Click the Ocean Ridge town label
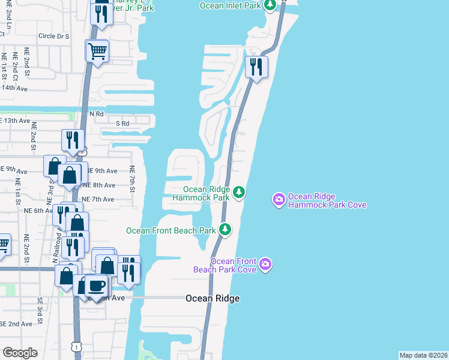pos(212,299)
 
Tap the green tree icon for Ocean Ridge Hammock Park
pos(240,192)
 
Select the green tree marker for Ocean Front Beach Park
pos(225,229)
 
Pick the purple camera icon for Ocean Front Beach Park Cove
pos(266,265)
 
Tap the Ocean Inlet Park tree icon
pos(271,5)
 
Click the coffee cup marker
pos(96,286)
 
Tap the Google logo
pos(20,352)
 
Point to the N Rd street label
pos(97,113)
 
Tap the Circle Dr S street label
pos(54,36)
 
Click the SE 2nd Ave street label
pos(16,324)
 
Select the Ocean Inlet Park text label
pos(232,5)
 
